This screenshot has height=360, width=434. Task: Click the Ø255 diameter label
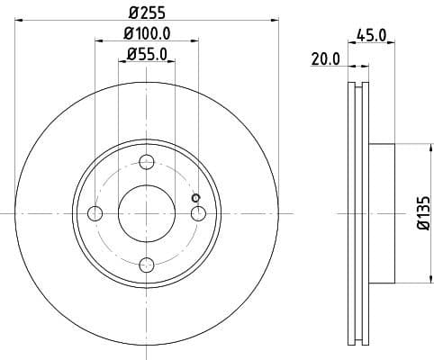tap(147, 13)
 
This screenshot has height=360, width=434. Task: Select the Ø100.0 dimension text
tap(147, 36)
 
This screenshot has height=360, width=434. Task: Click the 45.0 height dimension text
tap(371, 36)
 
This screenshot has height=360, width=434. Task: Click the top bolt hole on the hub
tap(147, 162)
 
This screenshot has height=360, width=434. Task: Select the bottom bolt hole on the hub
tap(147, 264)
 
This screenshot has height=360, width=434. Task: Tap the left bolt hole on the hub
tap(95, 212)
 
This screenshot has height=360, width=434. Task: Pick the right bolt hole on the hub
tap(198, 212)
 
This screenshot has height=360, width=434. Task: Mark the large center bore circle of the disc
tap(147, 212)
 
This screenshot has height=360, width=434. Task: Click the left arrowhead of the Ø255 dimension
tap(19, 21)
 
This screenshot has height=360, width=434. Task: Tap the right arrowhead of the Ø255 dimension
tap(275, 21)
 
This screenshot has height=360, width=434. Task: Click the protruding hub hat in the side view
tap(381, 213)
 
